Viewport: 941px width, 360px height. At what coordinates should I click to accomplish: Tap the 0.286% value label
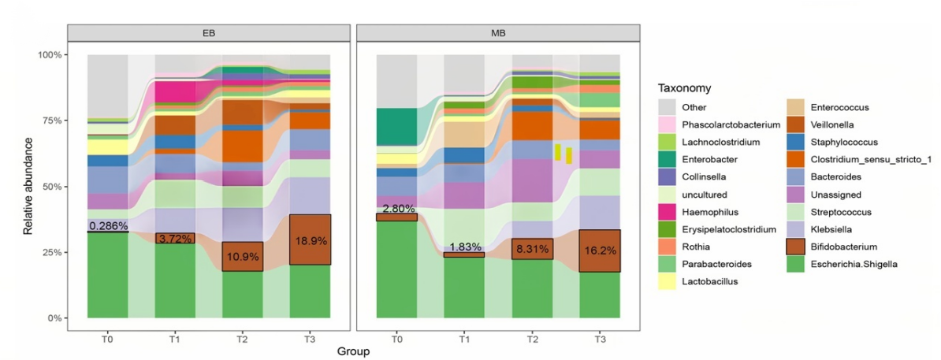107,226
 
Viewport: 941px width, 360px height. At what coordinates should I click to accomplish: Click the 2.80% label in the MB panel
397,209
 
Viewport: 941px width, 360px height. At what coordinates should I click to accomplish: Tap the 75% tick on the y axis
52,121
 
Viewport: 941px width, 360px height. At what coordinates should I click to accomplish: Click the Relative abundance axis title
28,187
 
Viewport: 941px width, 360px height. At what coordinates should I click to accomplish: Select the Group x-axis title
354,350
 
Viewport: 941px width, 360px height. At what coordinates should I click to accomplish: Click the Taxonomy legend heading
686,89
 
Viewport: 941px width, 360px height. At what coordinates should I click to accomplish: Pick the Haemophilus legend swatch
669,212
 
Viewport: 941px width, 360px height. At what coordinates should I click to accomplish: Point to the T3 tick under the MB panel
600,337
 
